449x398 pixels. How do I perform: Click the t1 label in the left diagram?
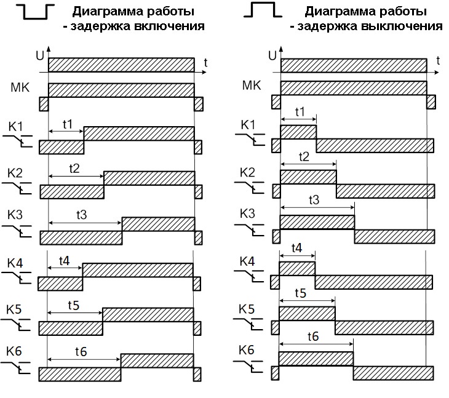click(x=67, y=124)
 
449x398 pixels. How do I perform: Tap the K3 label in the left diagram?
click(x=16, y=215)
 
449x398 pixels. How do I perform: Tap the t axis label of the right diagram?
click(x=437, y=60)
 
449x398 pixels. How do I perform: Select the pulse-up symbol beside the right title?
click(x=263, y=10)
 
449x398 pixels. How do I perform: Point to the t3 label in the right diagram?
click(x=313, y=201)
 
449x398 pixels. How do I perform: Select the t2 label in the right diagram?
click(x=303, y=156)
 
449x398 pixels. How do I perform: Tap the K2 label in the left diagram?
click(x=16, y=172)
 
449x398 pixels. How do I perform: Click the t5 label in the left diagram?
click(x=73, y=306)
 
